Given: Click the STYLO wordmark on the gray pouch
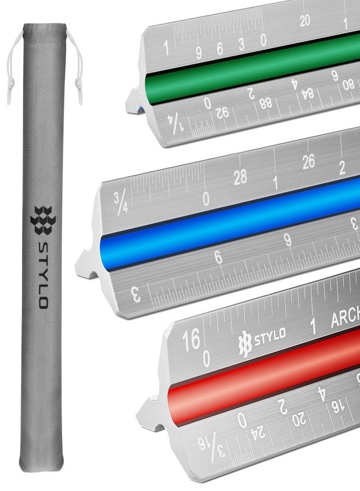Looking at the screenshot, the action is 43,275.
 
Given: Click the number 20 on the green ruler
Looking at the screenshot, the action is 305,21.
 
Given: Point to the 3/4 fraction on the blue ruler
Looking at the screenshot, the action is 121,203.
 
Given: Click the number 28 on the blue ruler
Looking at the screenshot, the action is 240,177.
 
